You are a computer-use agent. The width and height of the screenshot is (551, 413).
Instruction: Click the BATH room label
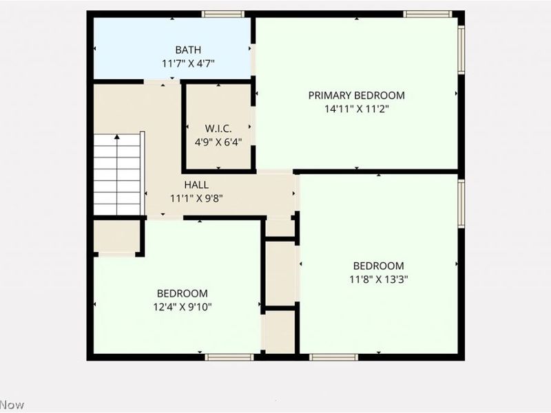click(x=188, y=50)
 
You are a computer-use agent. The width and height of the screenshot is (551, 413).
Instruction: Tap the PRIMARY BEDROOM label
click(x=356, y=96)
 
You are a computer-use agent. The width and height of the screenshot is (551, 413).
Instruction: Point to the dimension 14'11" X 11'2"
click(x=356, y=108)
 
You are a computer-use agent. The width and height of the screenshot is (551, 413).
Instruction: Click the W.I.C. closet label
click(x=218, y=129)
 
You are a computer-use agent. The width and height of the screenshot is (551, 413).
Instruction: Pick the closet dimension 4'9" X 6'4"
click(x=218, y=142)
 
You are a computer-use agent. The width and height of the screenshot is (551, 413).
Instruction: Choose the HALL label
click(x=196, y=184)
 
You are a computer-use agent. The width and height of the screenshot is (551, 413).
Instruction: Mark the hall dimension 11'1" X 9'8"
click(x=196, y=198)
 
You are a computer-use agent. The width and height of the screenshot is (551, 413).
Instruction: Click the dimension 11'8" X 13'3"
click(x=379, y=279)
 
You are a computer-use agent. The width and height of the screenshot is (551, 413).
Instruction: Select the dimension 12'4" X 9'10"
click(x=182, y=306)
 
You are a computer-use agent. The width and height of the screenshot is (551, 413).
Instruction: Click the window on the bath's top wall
click(x=223, y=14)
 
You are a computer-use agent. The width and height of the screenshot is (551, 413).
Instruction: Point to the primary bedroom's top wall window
click(x=428, y=14)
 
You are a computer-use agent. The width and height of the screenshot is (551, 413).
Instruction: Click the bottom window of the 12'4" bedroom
click(x=230, y=357)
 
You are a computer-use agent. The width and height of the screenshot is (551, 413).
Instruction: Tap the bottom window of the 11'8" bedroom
click(x=333, y=357)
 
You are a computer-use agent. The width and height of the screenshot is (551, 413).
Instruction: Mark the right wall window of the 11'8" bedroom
click(x=461, y=203)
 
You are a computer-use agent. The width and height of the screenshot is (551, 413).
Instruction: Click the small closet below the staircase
click(x=116, y=236)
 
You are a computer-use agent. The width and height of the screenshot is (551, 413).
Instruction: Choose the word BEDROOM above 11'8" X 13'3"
click(x=379, y=266)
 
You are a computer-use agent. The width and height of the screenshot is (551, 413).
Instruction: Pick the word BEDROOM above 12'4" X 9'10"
click(x=182, y=293)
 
